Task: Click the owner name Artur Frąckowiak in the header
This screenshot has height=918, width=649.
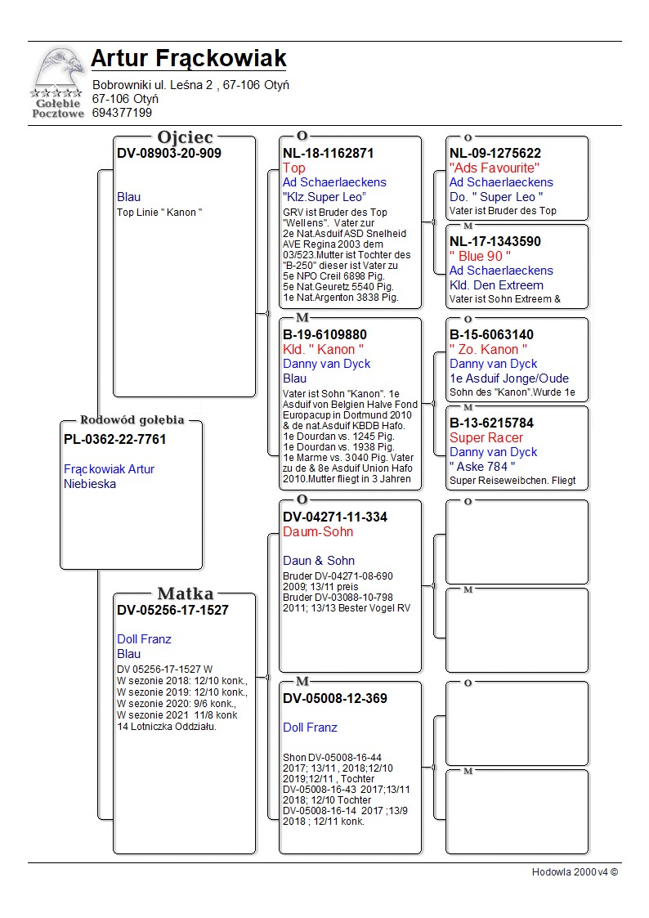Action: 188,59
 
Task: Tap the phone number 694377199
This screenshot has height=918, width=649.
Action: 122,113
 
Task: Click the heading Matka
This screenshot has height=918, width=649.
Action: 185,594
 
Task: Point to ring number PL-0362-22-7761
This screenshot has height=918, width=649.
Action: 114,440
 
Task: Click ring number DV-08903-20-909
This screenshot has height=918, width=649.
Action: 168,153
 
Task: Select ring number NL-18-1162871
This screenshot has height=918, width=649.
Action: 328,153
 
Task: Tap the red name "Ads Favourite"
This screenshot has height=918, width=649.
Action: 495,168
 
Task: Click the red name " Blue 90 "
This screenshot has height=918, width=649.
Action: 480,256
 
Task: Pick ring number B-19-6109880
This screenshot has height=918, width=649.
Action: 324,334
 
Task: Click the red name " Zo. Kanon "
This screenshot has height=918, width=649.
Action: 484,349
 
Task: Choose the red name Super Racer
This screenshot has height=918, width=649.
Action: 486,437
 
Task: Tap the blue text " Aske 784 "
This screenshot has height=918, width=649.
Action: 481,467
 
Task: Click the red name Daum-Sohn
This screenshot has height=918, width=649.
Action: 318,531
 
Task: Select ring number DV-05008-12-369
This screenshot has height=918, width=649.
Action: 335,698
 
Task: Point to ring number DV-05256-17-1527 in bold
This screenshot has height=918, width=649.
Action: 172,610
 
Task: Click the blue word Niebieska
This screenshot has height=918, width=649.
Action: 90,484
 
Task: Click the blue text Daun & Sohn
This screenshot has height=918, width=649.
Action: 319,561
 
